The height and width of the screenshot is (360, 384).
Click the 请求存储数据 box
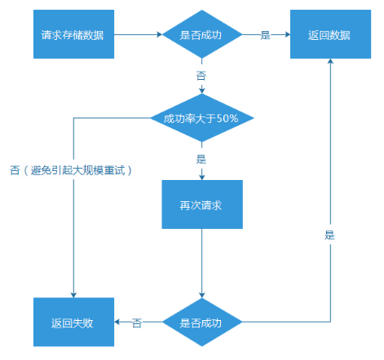click(x=73, y=35)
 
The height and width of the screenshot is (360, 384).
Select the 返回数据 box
click(x=329, y=35)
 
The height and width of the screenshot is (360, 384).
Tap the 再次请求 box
click(x=201, y=204)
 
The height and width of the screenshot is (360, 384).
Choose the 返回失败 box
click(x=73, y=323)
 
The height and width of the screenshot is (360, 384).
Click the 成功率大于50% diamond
click(x=201, y=118)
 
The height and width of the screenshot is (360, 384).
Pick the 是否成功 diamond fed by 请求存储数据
click(x=201, y=35)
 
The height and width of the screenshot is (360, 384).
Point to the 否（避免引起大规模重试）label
click(x=73, y=170)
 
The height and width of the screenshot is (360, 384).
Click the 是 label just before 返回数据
click(x=265, y=35)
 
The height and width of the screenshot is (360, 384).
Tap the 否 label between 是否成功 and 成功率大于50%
click(x=201, y=74)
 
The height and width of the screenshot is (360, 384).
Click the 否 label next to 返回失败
click(x=137, y=323)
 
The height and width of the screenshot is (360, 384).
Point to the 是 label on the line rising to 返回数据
click(x=329, y=235)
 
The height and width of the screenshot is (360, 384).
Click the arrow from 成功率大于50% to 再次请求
click(x=201, y=171)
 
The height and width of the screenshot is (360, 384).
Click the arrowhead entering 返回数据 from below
click(x=329, y=66)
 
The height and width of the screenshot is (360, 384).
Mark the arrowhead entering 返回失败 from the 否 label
click(x=116, y=323)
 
